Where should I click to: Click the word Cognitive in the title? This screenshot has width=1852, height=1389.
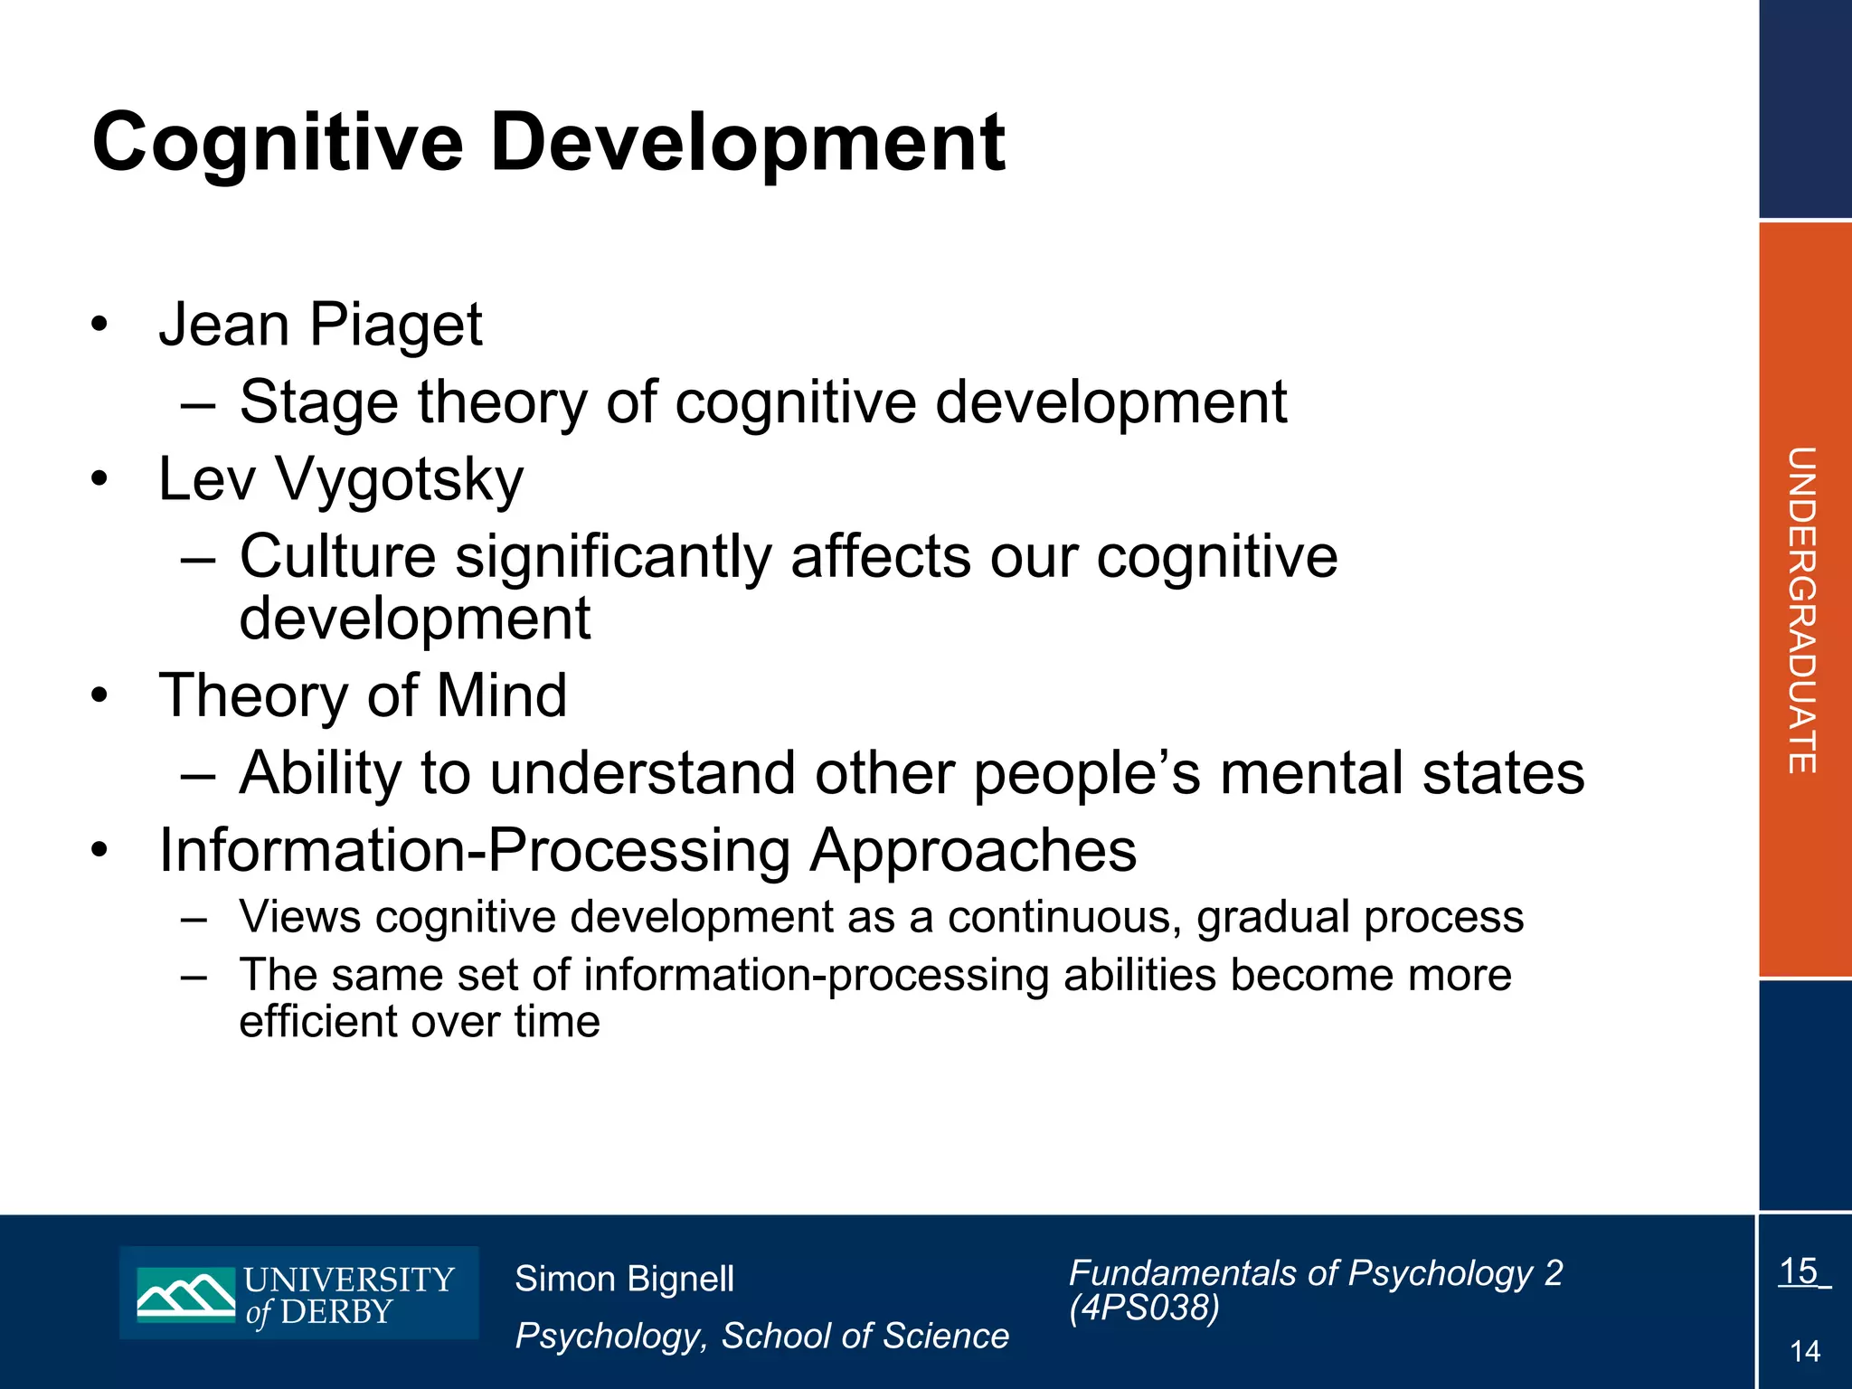(278, 143)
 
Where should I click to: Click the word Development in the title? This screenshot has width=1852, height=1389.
(747, 143)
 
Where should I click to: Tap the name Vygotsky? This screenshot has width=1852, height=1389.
(399, 480)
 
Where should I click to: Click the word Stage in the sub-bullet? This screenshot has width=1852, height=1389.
(318, 402)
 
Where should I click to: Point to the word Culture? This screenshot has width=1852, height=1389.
(337, 557)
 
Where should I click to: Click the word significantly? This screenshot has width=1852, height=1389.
(613, 557)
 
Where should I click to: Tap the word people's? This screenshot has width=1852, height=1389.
(1086, 774)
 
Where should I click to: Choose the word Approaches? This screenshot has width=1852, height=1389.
(973, 851)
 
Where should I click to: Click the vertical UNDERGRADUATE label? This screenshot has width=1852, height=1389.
(1801, 609)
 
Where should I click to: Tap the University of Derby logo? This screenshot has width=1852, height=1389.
(298, 1293)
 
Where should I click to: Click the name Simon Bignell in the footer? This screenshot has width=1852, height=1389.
(624, 1280)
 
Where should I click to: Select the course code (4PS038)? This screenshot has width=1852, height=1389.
(1144, 1308)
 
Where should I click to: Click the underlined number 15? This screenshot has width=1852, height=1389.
(1800, 1271)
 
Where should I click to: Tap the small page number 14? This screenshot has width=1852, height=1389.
(1805, 1352)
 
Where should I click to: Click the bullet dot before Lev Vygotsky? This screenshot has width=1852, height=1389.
(99, 478)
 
